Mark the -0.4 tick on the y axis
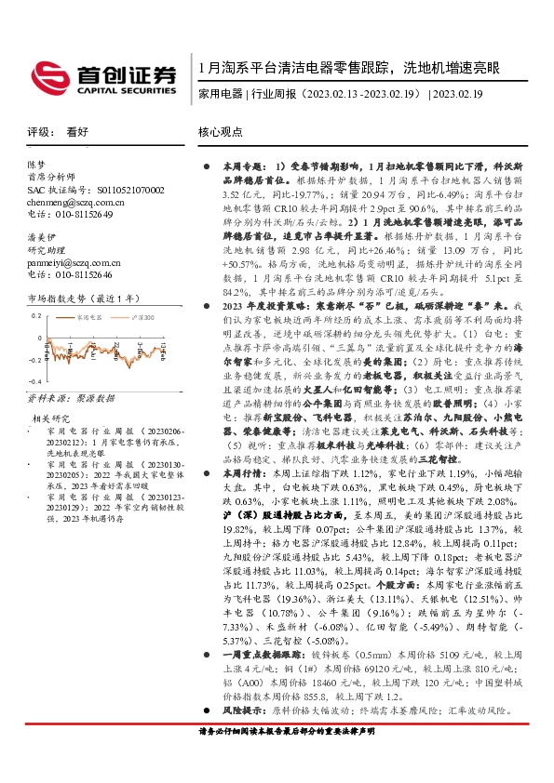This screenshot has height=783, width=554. [34, 381]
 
